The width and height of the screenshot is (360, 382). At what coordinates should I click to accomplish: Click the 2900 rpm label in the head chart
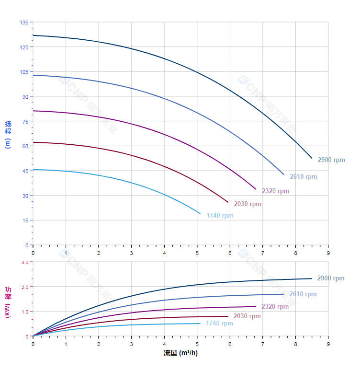[x=331, y=160]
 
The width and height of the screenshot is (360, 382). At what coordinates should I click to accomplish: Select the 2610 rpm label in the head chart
[x=303, y=177]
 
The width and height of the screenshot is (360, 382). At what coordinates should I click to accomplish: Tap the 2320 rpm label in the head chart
[x=275, y=191]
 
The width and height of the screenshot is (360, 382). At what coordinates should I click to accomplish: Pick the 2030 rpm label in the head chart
[x=247, y=204]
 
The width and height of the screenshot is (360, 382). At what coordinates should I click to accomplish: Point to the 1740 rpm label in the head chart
[x=220, y=216]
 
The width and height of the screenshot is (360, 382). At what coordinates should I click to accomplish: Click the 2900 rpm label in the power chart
[x=331, y=278]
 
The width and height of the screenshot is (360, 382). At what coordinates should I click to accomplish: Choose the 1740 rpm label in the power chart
[x=219, y=324]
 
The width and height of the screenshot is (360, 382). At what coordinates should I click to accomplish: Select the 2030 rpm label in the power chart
[x=247, y=316]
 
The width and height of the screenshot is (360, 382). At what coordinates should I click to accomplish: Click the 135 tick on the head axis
[x=24, y=23]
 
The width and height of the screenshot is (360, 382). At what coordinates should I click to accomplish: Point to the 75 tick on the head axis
[x=25, y=121]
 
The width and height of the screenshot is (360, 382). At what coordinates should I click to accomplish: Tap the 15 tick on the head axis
[x=25, y=220]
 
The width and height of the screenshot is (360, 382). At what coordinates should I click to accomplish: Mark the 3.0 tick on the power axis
[x=25, y=262]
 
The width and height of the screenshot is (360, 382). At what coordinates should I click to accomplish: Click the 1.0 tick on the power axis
[x=25, y=312]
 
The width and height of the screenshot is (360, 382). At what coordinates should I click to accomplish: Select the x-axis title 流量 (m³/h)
[x=180, y=353]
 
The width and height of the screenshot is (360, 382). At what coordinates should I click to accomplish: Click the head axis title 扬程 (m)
[x=8, y=134]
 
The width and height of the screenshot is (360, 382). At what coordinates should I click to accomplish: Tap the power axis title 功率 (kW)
[x=8, y=301]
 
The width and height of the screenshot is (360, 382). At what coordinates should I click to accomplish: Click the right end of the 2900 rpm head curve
[x=312, y=158]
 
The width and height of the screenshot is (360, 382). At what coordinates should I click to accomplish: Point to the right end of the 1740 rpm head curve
[x=200, y=213]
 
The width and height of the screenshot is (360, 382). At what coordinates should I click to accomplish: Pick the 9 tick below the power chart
[x=328, y=344]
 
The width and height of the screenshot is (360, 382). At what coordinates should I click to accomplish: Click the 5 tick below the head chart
[x=197, y=253]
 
